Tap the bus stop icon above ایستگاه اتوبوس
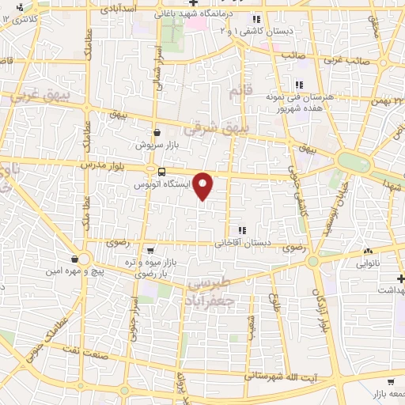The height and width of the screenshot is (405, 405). pyautogui.click(x=161, y=171)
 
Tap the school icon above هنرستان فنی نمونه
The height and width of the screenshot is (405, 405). pyautogui.click(x=298, y=85)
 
